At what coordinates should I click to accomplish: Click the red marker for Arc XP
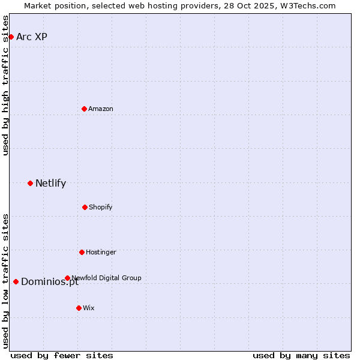coord(11,37)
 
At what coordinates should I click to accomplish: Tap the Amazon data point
coord(84,109)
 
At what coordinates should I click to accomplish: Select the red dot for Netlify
coord(30,183)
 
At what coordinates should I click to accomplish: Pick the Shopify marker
coord(85,207)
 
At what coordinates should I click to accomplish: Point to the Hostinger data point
coord(82,252)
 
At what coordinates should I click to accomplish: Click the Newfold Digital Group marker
coord(67,278)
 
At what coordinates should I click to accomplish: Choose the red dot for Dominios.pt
coord(16,281)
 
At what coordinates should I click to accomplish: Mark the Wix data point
coord(79,308)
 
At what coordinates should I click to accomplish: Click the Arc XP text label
coord(32,37)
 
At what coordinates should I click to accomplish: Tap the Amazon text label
coord(101,109)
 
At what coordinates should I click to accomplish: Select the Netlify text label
coord(50,183)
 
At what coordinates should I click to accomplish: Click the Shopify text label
coord(101,207)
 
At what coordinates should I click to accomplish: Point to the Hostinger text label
coord(101,252)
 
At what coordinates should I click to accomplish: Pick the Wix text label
coord(89,308)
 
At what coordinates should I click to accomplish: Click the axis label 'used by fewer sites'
coord(62,355)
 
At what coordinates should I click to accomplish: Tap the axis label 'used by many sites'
coord(301,355)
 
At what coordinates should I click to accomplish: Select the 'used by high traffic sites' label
coord(5,85)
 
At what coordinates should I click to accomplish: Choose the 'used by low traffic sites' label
coord(5,281)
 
